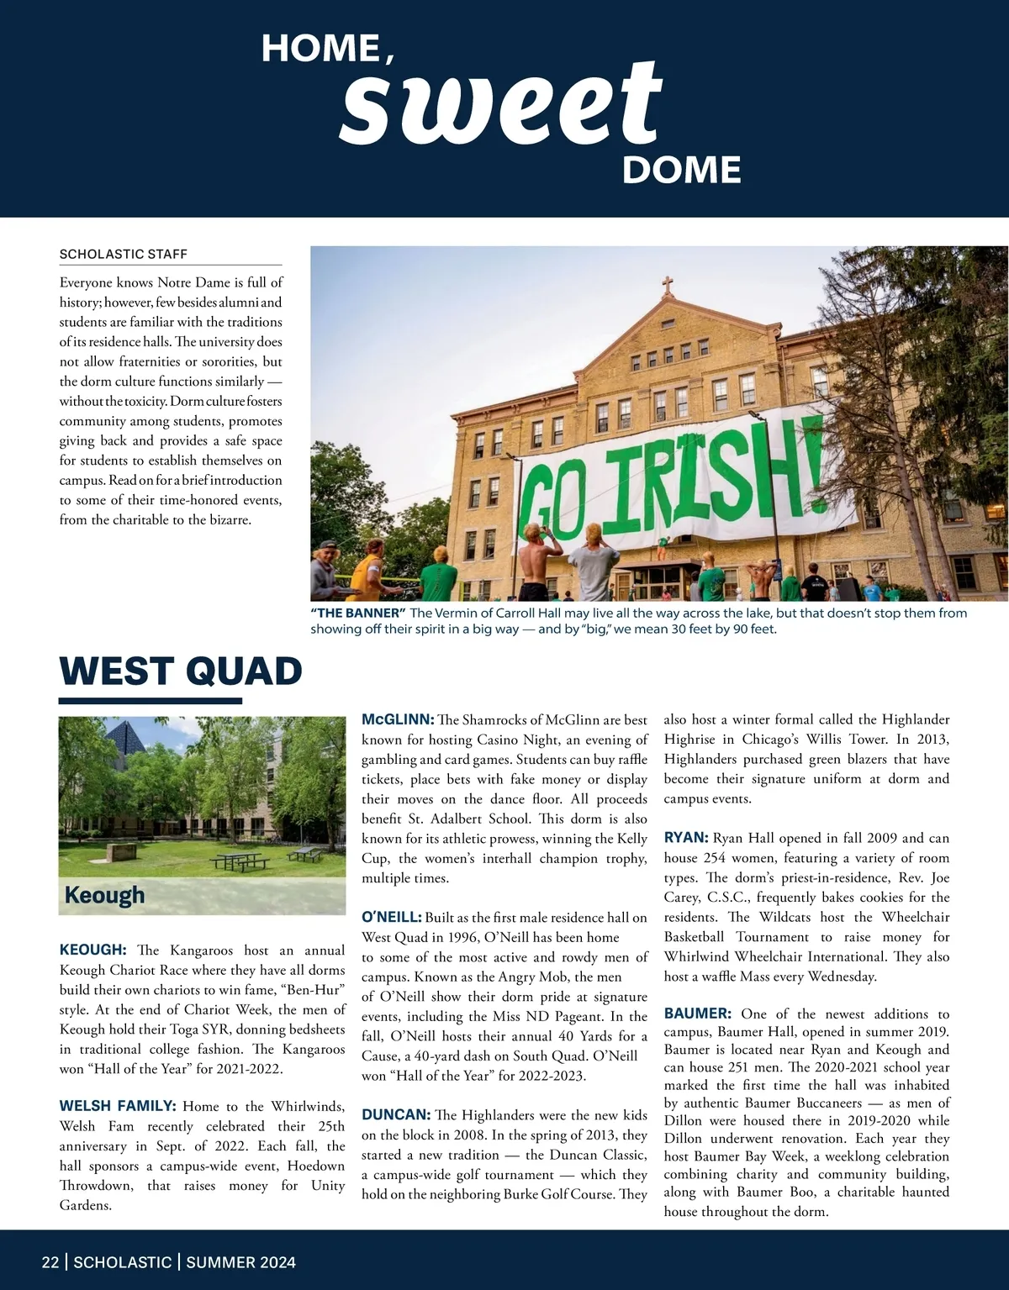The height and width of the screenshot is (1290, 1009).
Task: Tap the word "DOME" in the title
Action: pos(681,170)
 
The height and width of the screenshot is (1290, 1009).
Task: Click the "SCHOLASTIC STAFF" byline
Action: pos(124,254)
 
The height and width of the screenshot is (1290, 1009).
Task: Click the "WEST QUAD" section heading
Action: pos(181,671)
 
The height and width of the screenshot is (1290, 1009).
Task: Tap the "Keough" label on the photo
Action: pos(104,895)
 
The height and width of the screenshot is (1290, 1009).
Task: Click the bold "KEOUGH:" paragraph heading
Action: pos(92,950)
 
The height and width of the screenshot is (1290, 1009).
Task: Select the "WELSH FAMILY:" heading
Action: pos(118,1105)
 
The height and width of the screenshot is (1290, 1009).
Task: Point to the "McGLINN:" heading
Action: pos(398,719)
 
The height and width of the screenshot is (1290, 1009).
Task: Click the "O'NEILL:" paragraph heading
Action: pos(391,917)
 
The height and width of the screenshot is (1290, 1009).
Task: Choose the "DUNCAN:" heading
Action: pos(396,1115)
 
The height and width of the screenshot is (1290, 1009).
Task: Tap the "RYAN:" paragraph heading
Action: pos(686,838)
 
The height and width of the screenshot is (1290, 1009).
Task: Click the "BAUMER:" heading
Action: pos(698,1014)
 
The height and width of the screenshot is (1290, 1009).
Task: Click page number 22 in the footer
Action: pos(50,1262)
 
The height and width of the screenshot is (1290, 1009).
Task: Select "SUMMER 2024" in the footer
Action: pos(240,1262)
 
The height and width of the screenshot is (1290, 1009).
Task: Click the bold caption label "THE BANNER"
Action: pos(358,613)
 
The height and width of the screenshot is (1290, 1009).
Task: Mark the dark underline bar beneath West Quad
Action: pos(151,700)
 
